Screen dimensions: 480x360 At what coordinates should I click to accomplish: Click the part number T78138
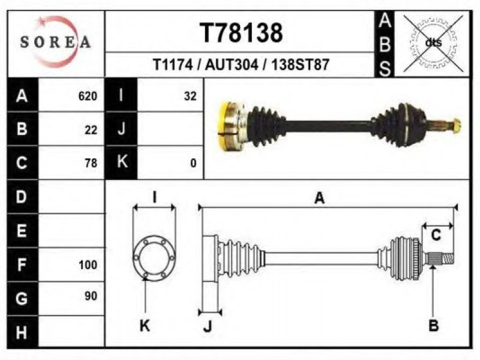click(x=241, y=33)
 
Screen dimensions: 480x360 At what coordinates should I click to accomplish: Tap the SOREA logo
click(x=55, y=41)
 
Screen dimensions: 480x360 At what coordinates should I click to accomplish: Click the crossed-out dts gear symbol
click(x=433, y=43)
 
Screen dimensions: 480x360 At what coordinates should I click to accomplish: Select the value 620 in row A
click(x=88, y=96)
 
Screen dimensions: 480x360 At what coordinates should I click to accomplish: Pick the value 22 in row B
click(x=91, y=130)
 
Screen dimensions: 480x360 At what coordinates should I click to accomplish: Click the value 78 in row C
click(x=91, y=163)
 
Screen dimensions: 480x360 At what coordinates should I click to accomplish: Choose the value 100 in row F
click(x=88, y=265)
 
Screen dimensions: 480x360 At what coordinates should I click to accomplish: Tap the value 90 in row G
click(x=91, y=296)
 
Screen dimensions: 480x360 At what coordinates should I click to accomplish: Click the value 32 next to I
click(x=190, y=96)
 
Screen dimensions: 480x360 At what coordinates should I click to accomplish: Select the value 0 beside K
click(x=193, y=163)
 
